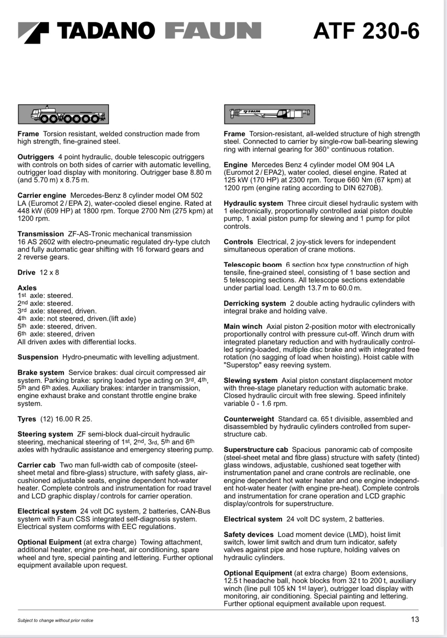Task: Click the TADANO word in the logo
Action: tap(107, 31)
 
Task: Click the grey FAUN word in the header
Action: tap(213, 31)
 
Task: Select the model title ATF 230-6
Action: tap(366, 31)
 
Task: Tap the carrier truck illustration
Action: tap(63, 114)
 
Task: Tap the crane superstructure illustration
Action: tap(269, 114)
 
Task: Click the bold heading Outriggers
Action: tap(36, 157)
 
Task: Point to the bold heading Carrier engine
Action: tap(42, 196)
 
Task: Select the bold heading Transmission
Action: tap(41, 234)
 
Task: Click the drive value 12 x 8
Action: tap(49, 273)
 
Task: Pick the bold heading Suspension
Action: tap(38, 357)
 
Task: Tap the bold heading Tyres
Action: tap(27, 419)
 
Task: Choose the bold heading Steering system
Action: tap(45, 434)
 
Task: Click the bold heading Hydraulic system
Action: tap(253, 203)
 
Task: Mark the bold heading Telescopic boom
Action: tap(253, 265)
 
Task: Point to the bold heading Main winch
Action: tap(243, 327)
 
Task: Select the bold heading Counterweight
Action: tap(249, 419)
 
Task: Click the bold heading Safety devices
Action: tap(248, 535)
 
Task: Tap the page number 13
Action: tap(415, 619)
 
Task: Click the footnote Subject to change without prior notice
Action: tap(55, 620)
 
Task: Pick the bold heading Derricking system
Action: tap(254, 304)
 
